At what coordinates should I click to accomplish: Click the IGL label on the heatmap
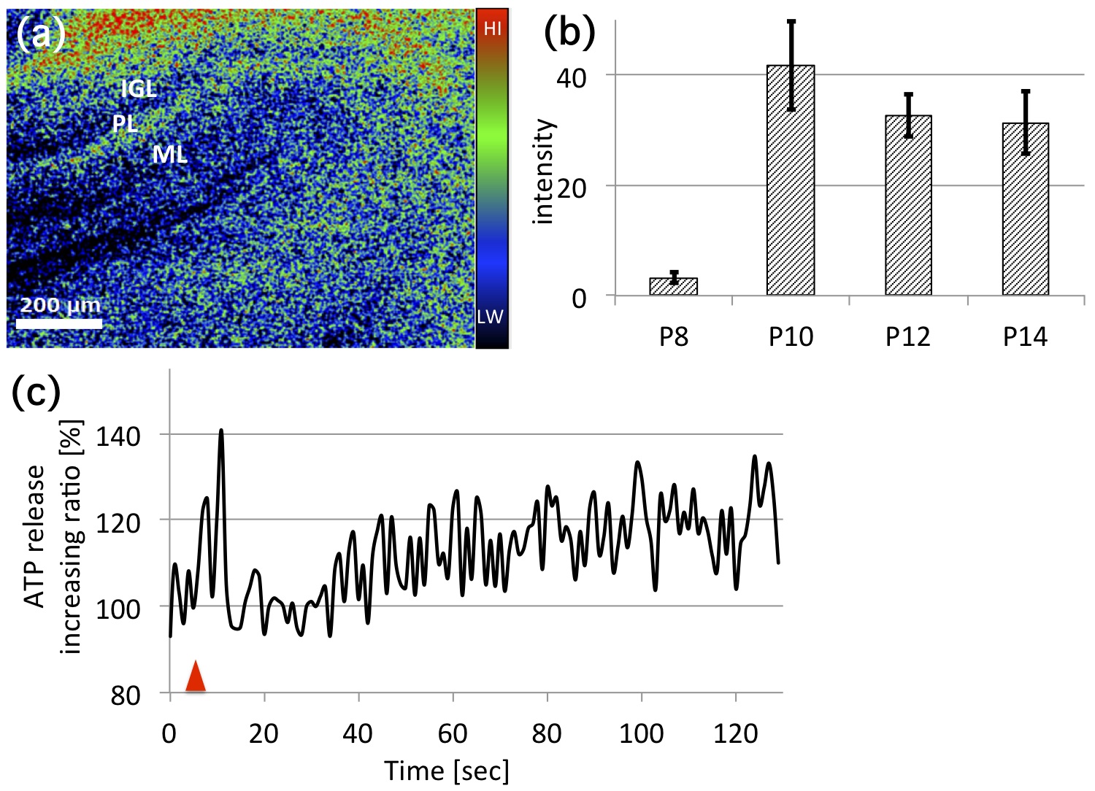139,88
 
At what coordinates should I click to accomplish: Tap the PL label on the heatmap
126,123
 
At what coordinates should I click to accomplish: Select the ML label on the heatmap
169,154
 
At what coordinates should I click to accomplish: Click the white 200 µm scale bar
59,322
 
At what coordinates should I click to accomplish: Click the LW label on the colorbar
491,317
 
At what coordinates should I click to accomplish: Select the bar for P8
673,286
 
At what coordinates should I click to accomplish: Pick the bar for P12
908,205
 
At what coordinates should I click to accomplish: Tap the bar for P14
1026,209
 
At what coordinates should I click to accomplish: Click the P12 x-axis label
908,336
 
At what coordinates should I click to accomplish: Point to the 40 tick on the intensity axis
572,77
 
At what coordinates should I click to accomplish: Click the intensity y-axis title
543,172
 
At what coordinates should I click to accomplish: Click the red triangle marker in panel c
196,676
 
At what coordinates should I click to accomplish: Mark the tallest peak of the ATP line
221,431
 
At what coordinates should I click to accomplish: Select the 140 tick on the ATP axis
118,436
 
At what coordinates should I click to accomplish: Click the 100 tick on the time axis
642,733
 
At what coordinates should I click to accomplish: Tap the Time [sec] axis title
447,771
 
